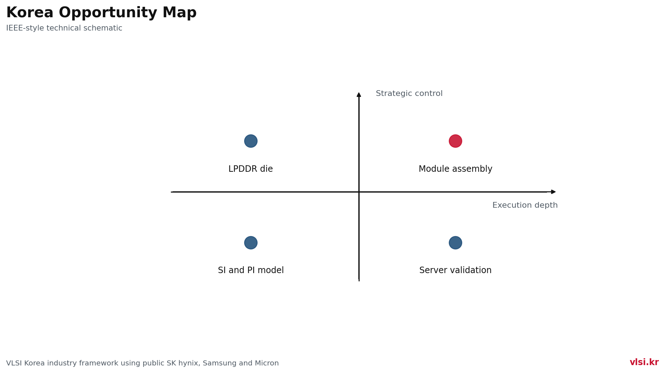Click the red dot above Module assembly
(455, 141)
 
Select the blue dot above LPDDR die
(251, 141)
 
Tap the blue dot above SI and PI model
(251, 243)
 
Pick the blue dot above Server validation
(455, 243)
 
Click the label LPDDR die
(251, 169)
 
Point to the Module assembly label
(455, 169)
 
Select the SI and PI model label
(251, 270)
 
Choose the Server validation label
(455, 270)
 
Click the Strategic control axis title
(409, 93)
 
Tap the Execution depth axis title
(525, 205)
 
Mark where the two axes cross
(359, 192)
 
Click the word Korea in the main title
(30, 13)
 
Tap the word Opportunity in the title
(108, 13)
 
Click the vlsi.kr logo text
(644, 362)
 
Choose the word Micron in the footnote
(268, 363)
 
